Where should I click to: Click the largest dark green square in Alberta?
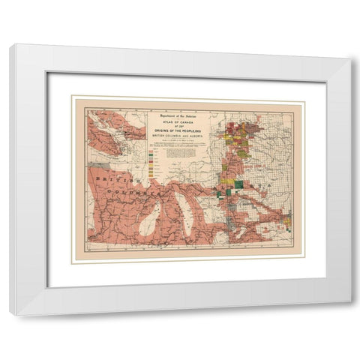pyautogui.click(x=238, y=184)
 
